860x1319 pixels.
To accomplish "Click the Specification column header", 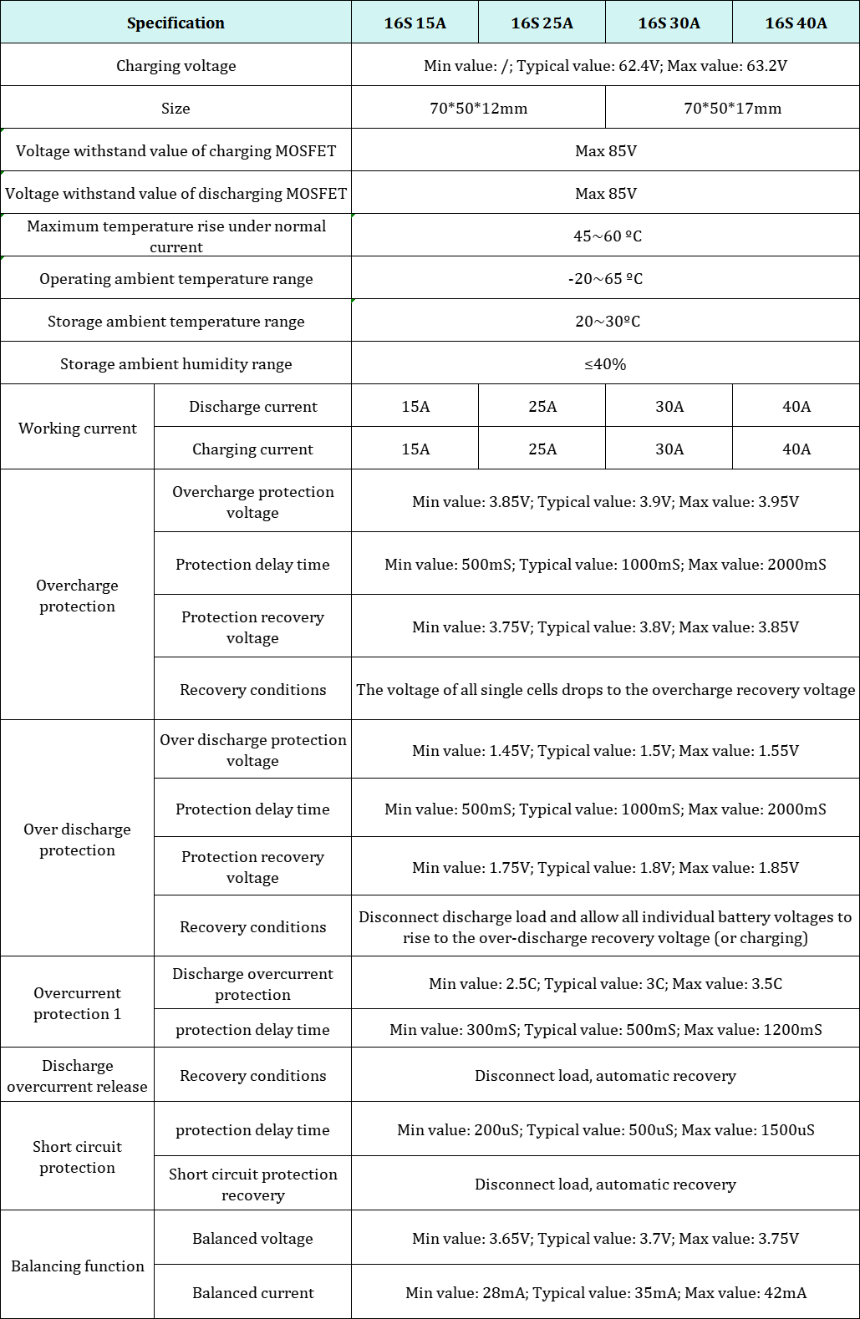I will tap(176, 23).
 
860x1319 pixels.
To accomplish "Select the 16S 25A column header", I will tap(542, 23).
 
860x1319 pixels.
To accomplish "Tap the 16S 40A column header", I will tap(796, 23).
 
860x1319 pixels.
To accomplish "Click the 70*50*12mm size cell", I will tap(478, 108).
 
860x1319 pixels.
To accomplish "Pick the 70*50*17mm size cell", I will tap(732, 108).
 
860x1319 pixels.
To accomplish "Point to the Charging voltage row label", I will tap(176, 65).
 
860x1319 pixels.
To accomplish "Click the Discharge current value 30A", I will tap(669, 406).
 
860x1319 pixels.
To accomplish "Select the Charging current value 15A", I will tap(415, 449).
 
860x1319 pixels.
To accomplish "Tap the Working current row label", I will tap(77, 428).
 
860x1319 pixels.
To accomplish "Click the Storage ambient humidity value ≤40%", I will tap(605, 363).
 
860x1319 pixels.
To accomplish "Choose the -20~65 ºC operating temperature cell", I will tap(605, 278).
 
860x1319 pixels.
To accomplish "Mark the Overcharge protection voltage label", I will tap(252, 501).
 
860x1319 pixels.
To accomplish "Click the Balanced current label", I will tap(252, 1292).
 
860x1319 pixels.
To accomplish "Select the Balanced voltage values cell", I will tap(605, 1238).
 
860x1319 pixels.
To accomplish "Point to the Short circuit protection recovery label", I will tap(252, 1184).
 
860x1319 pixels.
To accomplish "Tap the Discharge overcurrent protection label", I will tap(252, 983).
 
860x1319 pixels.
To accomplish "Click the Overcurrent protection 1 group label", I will tap(77, 1002).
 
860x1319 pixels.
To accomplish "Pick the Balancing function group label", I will tap(77, 1266).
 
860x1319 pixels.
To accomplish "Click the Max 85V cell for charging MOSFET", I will tap(605, 150).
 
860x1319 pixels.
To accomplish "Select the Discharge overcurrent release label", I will tap(77, 1075).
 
